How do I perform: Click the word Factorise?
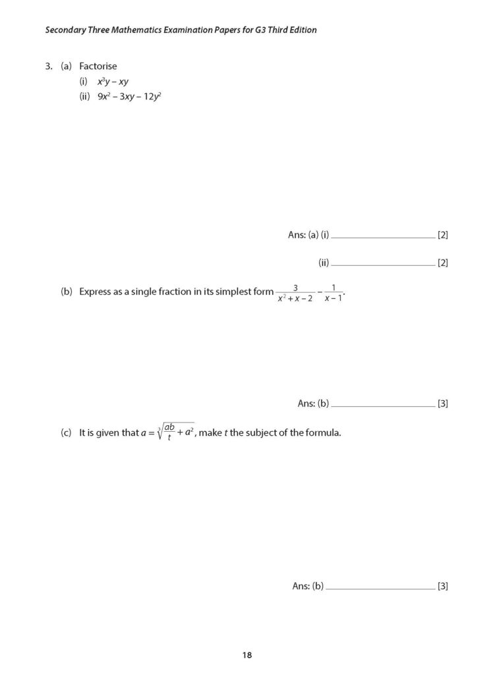tap(98, 66)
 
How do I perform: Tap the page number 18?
tap(246, 654)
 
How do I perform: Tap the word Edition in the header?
tap(301, 30)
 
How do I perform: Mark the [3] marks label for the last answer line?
tap(443, 586)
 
